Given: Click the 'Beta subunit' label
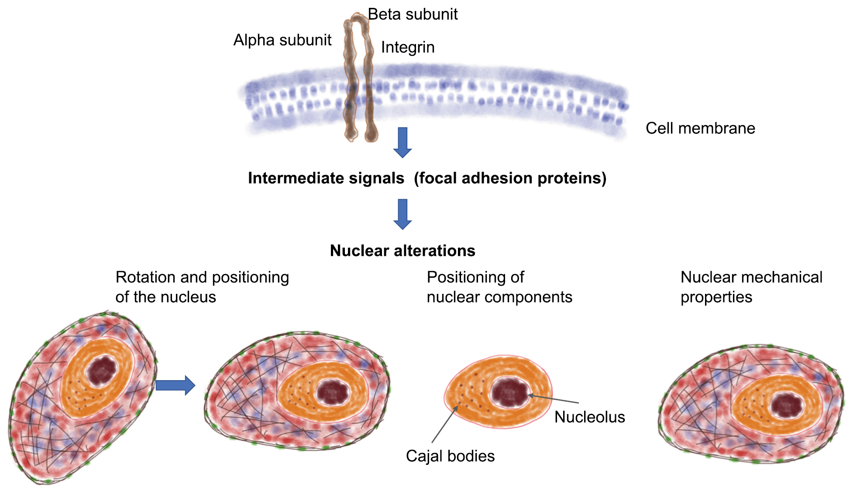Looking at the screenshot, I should click(x=413, y=14).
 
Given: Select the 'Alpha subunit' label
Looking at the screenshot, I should click(x=282, y=40).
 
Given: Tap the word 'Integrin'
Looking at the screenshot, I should click(x=407, y=47).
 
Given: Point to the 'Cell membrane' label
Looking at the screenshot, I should click(x=700, y=128).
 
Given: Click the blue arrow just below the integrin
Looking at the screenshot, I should click(x=402, y=142).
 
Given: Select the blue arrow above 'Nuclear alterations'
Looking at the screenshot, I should click(x=402, y=214).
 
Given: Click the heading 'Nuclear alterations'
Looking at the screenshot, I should click(x=402, y=251).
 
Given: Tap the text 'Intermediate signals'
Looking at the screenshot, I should click(x=326, y=178).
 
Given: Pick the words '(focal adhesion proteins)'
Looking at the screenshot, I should click(x=510, y=178).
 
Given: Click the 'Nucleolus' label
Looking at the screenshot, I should click(x=589, y=417).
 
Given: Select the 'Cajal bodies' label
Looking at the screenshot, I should click(x=450, y=456).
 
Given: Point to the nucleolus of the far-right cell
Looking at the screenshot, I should click(x=787, y=405).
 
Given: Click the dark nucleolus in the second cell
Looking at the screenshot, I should click(x=333, y=392).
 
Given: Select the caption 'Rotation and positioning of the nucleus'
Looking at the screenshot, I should click(x=202, y=287).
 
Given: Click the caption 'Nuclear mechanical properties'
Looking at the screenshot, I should click(x=751, y=287).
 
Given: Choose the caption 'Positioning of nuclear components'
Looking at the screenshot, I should click(x=499, y=287).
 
